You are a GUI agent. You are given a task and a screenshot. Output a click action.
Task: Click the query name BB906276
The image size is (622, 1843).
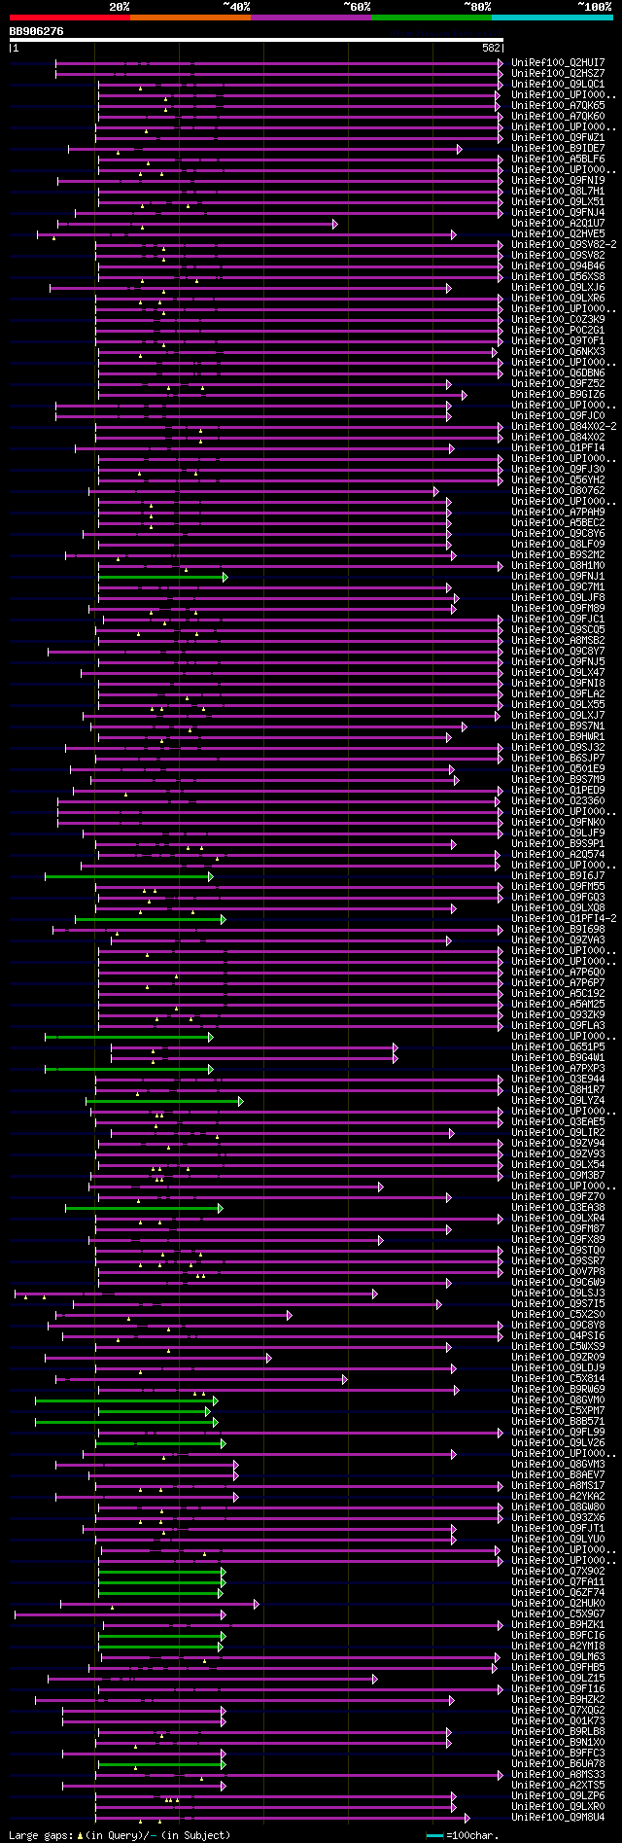[x=37, y=32]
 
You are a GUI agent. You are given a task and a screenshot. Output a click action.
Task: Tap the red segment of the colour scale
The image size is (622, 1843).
[x=69, y=18]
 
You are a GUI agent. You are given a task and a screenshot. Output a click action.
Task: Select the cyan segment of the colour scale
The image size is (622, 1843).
[x=551, y=18]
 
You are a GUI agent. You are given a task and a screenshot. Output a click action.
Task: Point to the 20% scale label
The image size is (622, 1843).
[x=119, y=7]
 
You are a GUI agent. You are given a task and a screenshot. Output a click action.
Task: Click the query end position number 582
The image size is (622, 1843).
[x=491, y=48]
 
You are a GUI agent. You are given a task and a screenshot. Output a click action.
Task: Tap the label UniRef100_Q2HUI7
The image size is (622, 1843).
[x=558, y=63]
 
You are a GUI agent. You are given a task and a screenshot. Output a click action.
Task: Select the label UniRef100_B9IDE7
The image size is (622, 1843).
[x=558, y=149]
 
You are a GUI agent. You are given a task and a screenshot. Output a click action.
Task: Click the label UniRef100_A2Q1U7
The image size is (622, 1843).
[x=558, y=224]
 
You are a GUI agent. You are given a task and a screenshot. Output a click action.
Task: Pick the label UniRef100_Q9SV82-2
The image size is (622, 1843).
[x=564, y=245]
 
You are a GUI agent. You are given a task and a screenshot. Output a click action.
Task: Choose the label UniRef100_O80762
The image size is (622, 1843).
[x=558, y=491]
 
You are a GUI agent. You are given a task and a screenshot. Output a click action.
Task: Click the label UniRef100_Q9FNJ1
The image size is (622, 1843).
[x=558, y=577]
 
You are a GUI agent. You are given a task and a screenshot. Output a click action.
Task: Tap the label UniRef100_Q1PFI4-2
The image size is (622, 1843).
[x=564, y=919]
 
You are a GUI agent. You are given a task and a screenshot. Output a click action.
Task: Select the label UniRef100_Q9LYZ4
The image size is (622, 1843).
[x=558, y=1101]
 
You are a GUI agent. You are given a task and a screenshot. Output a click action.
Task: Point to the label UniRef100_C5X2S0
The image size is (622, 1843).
[x=558, y=1315]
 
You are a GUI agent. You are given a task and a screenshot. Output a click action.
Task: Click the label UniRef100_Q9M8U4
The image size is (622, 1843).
[x=558, y=1818]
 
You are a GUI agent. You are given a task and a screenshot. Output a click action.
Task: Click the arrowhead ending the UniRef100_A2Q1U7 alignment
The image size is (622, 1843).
[x=335, y=224]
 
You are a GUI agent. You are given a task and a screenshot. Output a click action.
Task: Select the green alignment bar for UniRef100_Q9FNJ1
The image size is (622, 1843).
[x=160, y=577]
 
